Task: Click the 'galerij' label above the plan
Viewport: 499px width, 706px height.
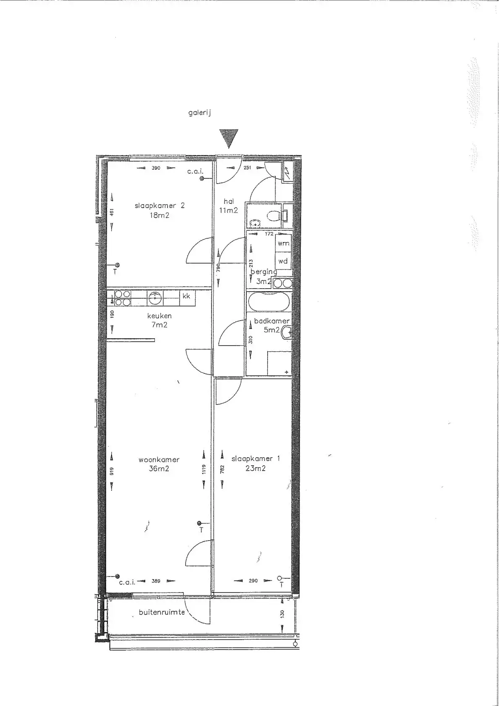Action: coord(200,113)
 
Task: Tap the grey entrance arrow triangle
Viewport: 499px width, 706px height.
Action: coord(229,138)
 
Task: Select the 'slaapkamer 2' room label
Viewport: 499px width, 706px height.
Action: coord(159,205)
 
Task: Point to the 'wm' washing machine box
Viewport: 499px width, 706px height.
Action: coord(283,243)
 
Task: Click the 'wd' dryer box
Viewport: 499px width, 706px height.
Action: coord(283,261)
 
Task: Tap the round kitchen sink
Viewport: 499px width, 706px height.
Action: coord(154,298)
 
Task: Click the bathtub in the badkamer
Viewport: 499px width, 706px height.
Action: coord(269,301)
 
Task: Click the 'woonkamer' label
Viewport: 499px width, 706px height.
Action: coord(159,460)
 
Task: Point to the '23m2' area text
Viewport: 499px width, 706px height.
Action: coord(255,468)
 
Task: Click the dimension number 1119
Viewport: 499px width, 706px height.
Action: coord(204,470)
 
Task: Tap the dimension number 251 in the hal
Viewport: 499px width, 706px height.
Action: coord(248,168)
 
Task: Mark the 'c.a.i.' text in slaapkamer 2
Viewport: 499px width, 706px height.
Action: coord(196,171)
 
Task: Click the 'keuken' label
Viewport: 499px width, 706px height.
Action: coord(159,316)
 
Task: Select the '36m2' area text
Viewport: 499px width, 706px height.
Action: coord(159,469)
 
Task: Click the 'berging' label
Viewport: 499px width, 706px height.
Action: coord(264,271)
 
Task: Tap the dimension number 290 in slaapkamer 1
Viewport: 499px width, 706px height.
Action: coord(253,581)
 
